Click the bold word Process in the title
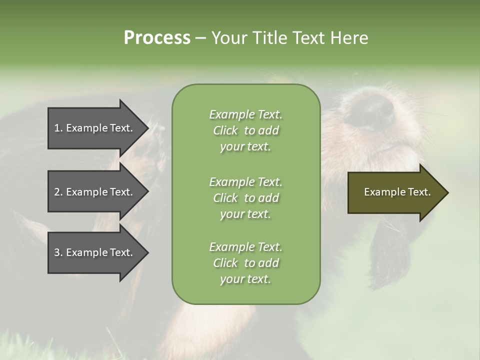tap(157, 38)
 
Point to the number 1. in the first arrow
tap(58, 128)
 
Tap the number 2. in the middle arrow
tap(58, 192)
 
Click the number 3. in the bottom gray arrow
tap(58, 252)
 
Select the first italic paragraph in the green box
tap(245, 130)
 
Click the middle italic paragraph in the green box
tap(245, 197)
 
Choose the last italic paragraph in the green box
tap(245, 263)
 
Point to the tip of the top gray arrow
tap(147, 128)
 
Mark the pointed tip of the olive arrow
tap(447, 192)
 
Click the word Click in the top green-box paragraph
tap(225, 130)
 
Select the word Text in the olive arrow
tap(419, 192)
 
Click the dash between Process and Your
tap(200, 38)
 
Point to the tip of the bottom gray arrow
tap(147, 252)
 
